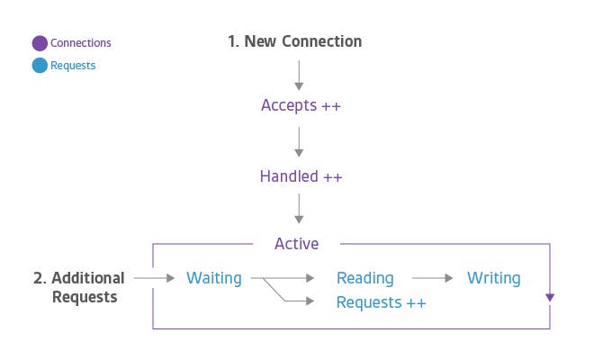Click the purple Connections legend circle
40,42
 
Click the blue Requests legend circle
40,66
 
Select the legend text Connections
81,42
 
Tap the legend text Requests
73,66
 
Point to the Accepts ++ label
301,105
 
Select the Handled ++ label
301,176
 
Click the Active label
297,243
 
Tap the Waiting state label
214,278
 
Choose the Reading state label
364,278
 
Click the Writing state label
493,278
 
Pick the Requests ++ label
381,302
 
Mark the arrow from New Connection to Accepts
300,72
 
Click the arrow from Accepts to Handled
300,141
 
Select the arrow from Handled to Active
300,211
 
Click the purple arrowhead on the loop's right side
550,298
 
